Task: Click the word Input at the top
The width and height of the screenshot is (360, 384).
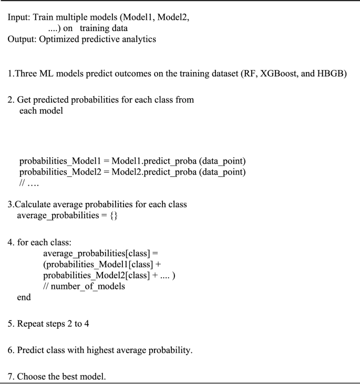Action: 17,17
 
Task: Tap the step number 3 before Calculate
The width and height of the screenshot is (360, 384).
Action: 10,204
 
